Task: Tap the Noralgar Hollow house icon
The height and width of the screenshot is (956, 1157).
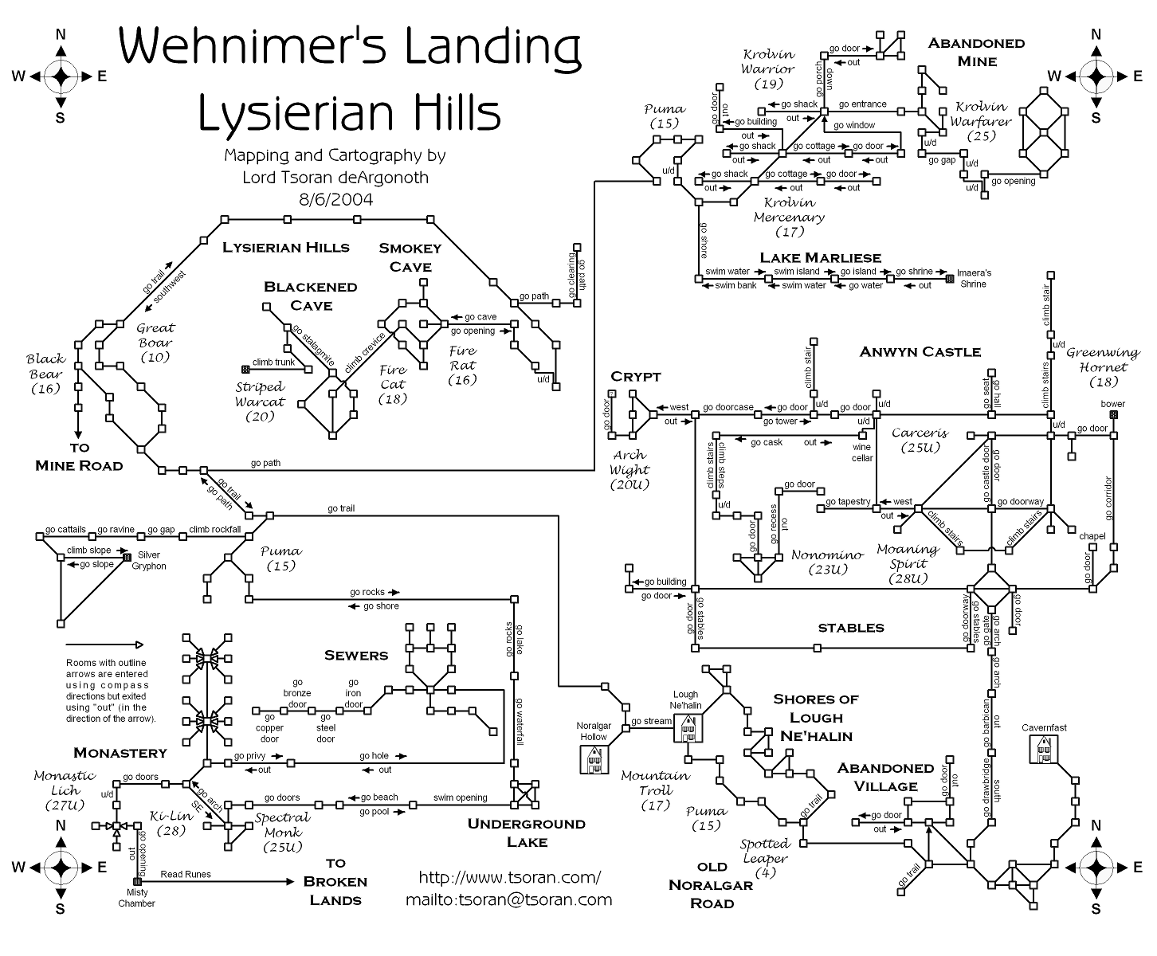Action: pos(594,760)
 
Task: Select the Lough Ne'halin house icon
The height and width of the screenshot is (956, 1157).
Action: pos(687,727)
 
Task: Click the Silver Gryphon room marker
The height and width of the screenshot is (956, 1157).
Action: pos(127,558)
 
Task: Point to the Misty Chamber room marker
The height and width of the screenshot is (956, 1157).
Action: pos(137,882)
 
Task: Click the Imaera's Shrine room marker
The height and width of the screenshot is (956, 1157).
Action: pos(949,279)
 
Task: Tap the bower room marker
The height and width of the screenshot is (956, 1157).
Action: pos(1113,415)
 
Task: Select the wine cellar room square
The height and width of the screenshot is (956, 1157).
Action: pos(861,436)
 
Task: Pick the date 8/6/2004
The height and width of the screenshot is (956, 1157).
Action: pos(335,198)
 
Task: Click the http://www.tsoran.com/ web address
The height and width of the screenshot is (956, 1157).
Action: pos(510,877)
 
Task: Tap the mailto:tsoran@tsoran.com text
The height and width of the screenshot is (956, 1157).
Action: pos(509,899)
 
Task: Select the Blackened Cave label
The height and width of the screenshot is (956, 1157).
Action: pos(310,296)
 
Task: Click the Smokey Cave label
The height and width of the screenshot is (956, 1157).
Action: pos(410,257)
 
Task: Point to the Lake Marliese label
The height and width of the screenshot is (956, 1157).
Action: pos(820,257)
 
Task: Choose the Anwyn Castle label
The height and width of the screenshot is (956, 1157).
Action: pos(920,351)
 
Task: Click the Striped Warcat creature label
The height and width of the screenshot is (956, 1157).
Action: pos(260,402)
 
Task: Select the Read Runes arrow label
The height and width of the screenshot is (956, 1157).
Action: pos(186,874)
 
